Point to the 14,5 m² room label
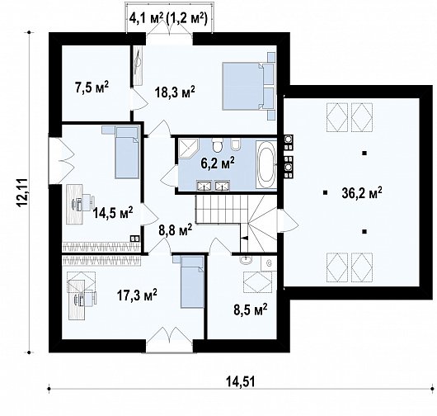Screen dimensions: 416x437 (x=113, y=213)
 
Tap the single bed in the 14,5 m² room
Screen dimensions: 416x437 (x=121, y=151)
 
